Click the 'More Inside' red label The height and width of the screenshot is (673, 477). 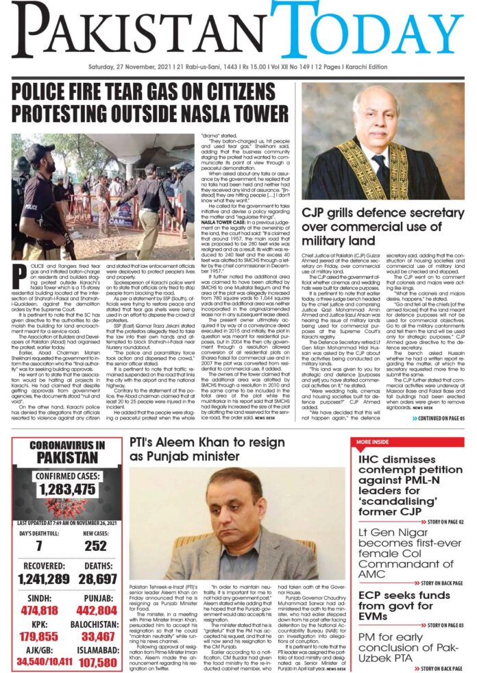point(373,422)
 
